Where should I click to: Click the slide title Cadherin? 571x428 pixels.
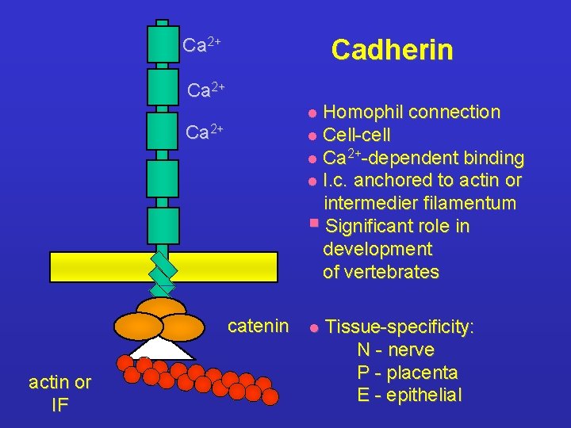click(392, 50)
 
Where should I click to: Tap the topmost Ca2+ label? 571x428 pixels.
click(201, 45)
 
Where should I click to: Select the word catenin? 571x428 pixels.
click(258, 326)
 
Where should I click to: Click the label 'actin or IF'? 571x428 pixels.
click(59, 393)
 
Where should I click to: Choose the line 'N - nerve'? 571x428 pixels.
click(396, 350)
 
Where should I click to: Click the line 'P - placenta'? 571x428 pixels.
click(408, 373)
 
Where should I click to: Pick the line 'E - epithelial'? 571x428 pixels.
click(409, 396)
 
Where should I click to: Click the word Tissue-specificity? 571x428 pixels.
click(400, 327)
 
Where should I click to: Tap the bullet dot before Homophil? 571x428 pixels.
click(313, 113)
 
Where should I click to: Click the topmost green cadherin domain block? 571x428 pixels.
click(163, 44)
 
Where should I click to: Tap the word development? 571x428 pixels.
click(377, 250)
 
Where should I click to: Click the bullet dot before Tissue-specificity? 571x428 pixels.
click(314, 327)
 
